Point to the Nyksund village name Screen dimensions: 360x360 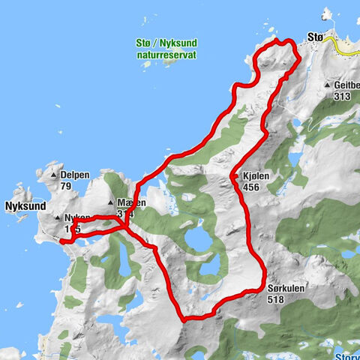[25, 205]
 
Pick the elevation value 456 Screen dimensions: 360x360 [251, 187]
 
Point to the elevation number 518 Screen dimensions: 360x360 [276, 298]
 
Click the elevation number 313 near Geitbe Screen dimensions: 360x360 [343, 95]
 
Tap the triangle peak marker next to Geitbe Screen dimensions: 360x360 [328, 85]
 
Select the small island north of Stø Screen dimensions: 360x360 [326, 13]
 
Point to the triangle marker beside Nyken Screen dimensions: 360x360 [56, 217]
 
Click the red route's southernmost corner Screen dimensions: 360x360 [184, 319]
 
